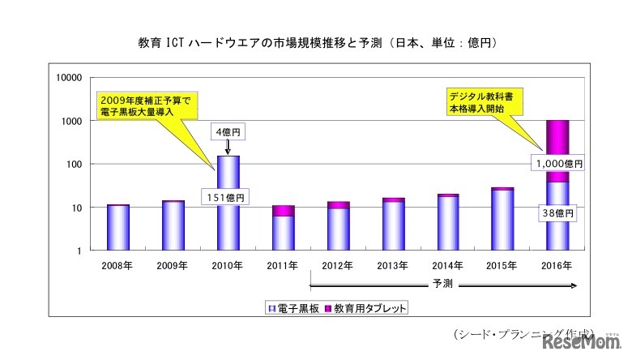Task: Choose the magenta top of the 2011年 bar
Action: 283,211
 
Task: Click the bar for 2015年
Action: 502,220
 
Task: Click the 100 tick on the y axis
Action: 75,165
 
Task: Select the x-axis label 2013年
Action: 392,265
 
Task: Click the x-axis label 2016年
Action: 557,265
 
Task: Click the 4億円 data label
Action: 228,131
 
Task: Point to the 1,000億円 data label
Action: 558,163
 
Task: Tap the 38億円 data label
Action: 558,213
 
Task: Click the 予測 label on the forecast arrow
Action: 442,285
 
